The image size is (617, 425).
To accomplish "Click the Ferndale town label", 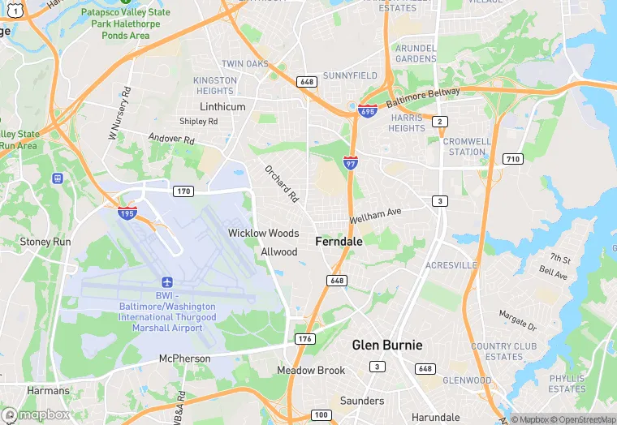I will (339, 241).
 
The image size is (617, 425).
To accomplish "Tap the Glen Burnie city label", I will (386, 345).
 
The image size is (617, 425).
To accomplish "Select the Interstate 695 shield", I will (368, 109).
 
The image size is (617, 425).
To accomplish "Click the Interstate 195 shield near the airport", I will (127, 212).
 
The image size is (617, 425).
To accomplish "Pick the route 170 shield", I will (183, 191).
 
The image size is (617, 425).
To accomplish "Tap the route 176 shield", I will (304, 338).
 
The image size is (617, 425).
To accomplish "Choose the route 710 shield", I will (511, 158).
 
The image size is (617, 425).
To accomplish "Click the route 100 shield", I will (321, 415).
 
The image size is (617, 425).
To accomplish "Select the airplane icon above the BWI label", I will (167, 281).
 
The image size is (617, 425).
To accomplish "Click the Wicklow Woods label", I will (263, 234).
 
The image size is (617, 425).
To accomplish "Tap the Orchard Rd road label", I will (282, 184).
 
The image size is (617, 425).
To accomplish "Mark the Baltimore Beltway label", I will (423, 98).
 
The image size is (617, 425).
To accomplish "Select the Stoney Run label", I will (45, 242).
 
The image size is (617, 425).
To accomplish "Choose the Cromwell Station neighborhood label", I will (467, 146).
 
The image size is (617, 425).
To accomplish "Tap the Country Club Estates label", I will (503, 351).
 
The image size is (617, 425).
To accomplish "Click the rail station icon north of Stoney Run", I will (58, 178).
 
